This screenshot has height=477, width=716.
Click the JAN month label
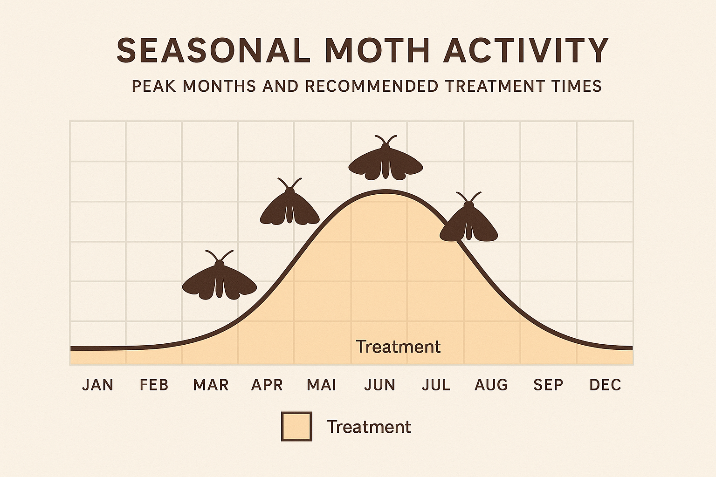tap(97, 385)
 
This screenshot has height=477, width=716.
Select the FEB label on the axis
tap(154, 385)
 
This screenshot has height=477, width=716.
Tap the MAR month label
tap(211, 385)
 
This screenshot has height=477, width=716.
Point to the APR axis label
tap(267, 385)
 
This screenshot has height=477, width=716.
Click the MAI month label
tap(322, 385)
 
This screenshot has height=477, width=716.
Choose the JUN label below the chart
tap(380, 385)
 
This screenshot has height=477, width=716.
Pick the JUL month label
tap(436, 385)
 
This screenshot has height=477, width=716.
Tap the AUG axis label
tap(491, 385)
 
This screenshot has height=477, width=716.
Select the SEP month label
tap(548, 385)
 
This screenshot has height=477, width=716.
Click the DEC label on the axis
tap(605, 385)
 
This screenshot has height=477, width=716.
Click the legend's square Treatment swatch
tap(296, 426)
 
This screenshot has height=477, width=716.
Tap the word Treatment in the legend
tap(368, 427)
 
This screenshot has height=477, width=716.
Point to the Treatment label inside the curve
tap(398, 347)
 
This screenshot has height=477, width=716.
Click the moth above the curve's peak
tap(386, 161)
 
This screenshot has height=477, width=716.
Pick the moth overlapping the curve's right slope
tap(469, 222)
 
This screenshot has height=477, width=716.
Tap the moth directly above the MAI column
tap(289, 205)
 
